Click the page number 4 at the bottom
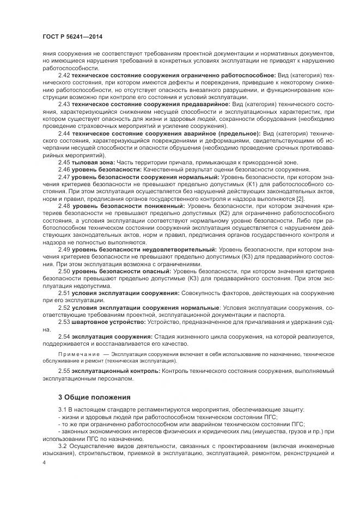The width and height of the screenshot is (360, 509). (44, 462)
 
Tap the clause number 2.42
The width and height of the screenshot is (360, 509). (64, 74)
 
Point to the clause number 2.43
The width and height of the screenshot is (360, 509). (64, 103)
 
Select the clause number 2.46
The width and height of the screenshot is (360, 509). (64, 169)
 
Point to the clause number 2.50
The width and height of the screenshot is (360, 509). (64, 271)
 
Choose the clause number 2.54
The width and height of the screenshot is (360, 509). (64, 336)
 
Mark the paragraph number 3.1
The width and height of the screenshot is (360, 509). (63, 408)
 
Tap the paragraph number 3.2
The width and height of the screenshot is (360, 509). (63, 445)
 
